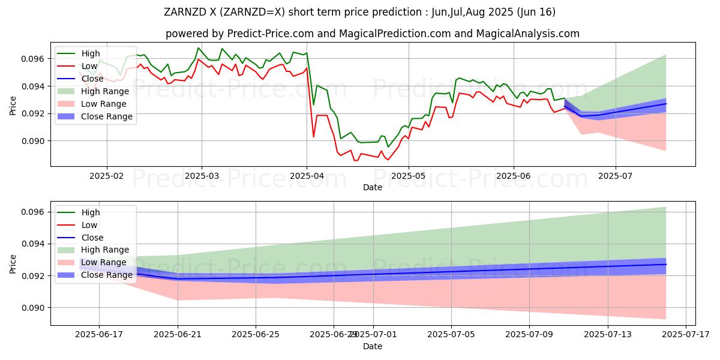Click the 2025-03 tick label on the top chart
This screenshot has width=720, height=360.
pos(202,176)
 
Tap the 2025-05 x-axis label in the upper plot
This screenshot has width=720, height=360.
pos(409,176)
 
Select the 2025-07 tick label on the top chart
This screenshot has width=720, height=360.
pos(616,176)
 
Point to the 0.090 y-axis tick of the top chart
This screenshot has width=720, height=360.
pos(35,141)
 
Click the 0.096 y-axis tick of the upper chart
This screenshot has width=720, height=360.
pos(35,59)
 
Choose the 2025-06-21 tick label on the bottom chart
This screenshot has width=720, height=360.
pos(178,335)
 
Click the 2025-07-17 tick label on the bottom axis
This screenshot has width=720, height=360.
pos(685,335)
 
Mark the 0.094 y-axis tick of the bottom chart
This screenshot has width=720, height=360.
pos(35,244)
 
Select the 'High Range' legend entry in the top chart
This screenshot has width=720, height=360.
pos(106,91)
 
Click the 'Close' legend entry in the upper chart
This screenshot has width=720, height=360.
pos(92,79)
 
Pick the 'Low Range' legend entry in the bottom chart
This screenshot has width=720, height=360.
pos(104,262)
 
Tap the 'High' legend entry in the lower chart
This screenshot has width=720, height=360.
pos(91,212)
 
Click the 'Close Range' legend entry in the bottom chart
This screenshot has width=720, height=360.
pos(107,275)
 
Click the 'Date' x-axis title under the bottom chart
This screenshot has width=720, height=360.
pos(373,346)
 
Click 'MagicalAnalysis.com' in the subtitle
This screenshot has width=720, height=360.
pos(528,34)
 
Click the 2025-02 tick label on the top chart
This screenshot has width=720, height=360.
pos(107,176)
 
